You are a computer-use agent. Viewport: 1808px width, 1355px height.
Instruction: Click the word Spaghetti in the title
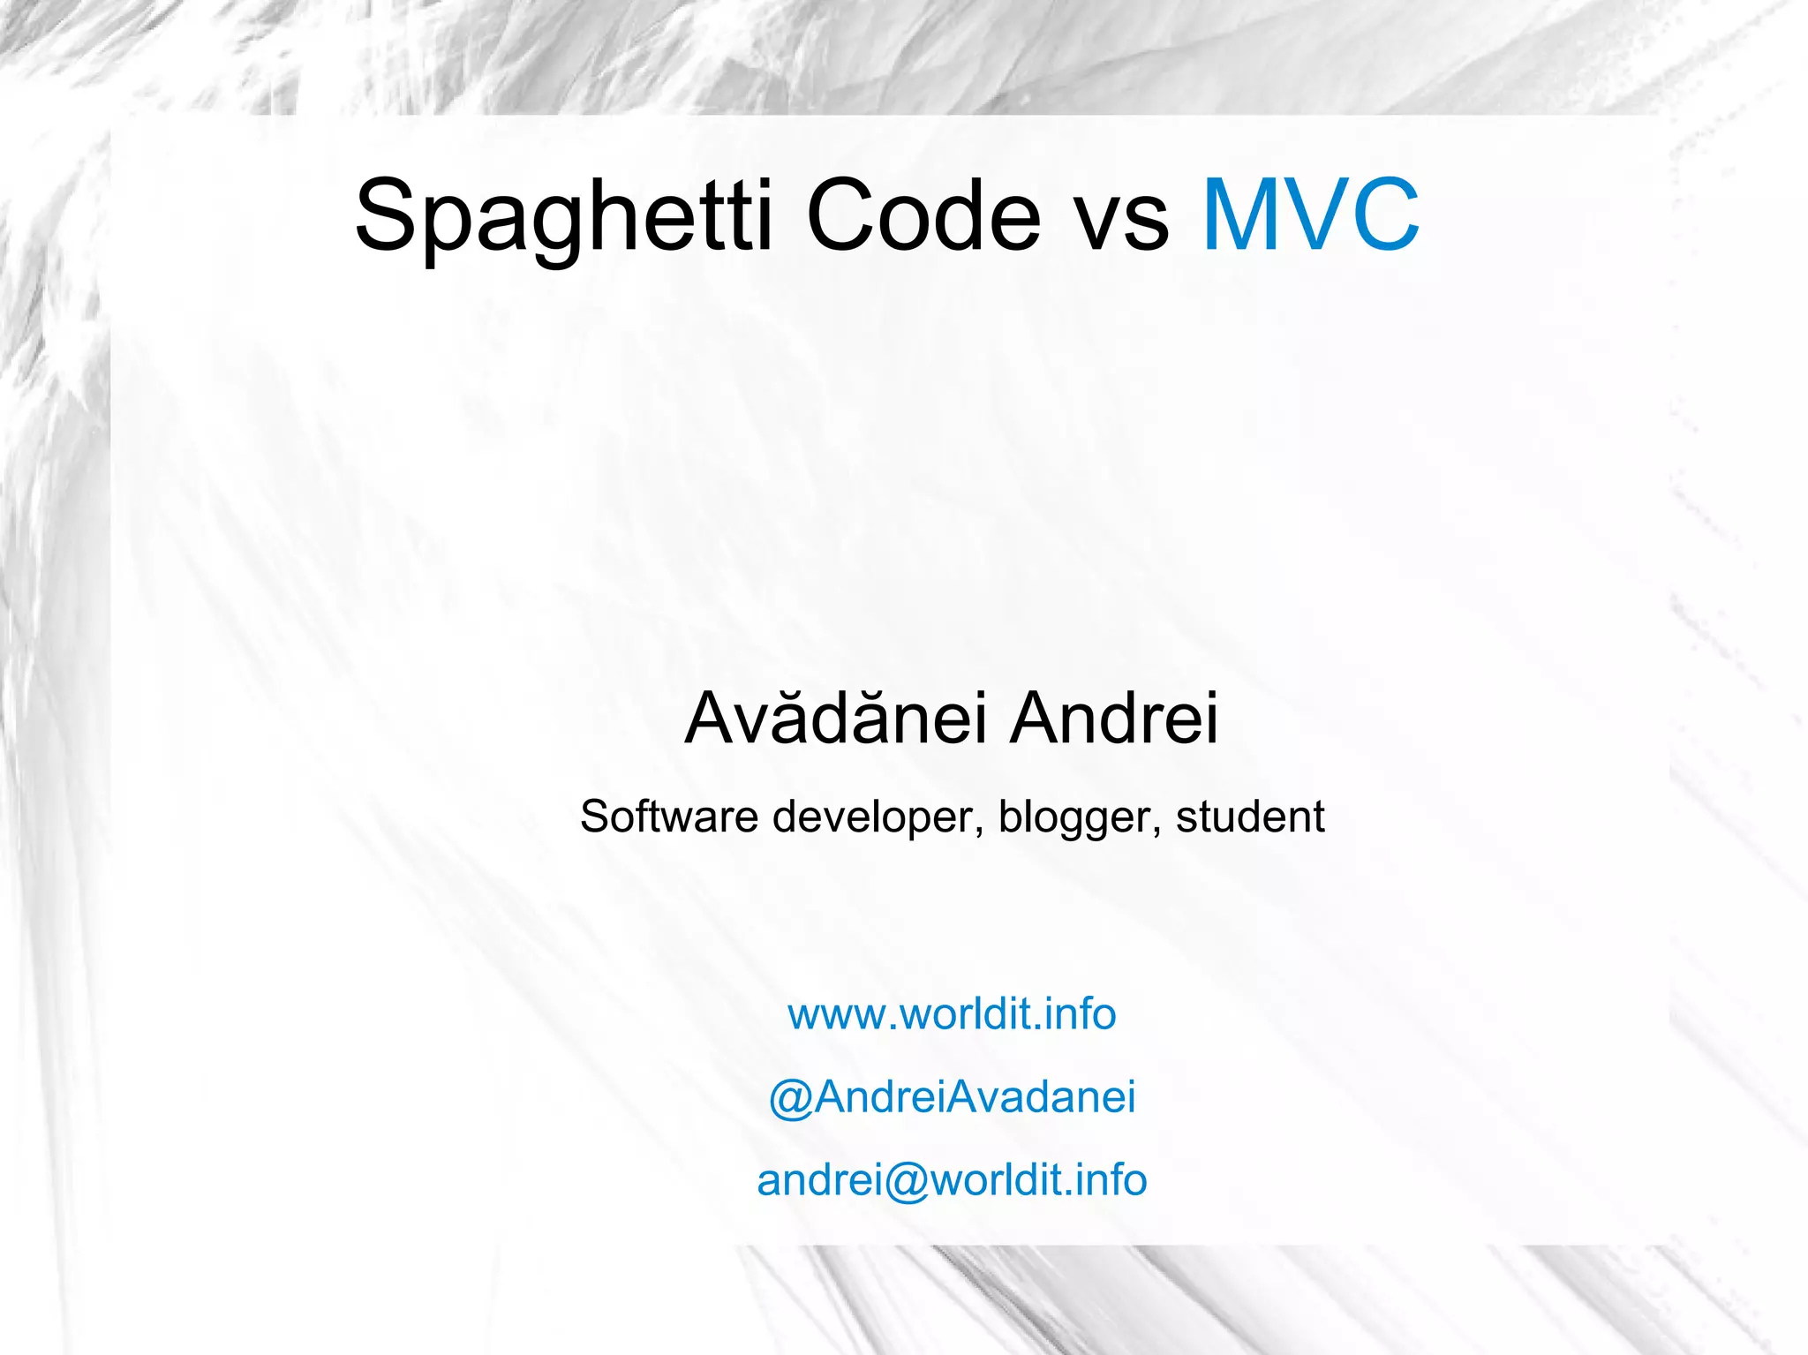pos(563,217)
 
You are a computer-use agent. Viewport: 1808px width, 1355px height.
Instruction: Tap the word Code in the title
pos(923,217)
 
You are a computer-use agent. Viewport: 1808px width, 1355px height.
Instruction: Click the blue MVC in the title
pos(1311,215)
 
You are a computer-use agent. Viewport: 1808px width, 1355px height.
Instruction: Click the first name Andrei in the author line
pos(1114,718)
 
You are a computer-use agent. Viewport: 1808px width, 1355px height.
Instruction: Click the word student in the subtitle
pos(1249,817)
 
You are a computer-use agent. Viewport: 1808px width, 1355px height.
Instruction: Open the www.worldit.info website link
pos(952,1013)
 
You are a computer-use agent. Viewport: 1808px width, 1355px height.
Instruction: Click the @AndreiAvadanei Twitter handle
pos(952,1097)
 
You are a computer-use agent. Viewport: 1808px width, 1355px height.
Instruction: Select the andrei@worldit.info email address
pos(952,1180)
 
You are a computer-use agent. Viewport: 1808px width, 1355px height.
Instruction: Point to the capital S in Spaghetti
pos(386,215)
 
